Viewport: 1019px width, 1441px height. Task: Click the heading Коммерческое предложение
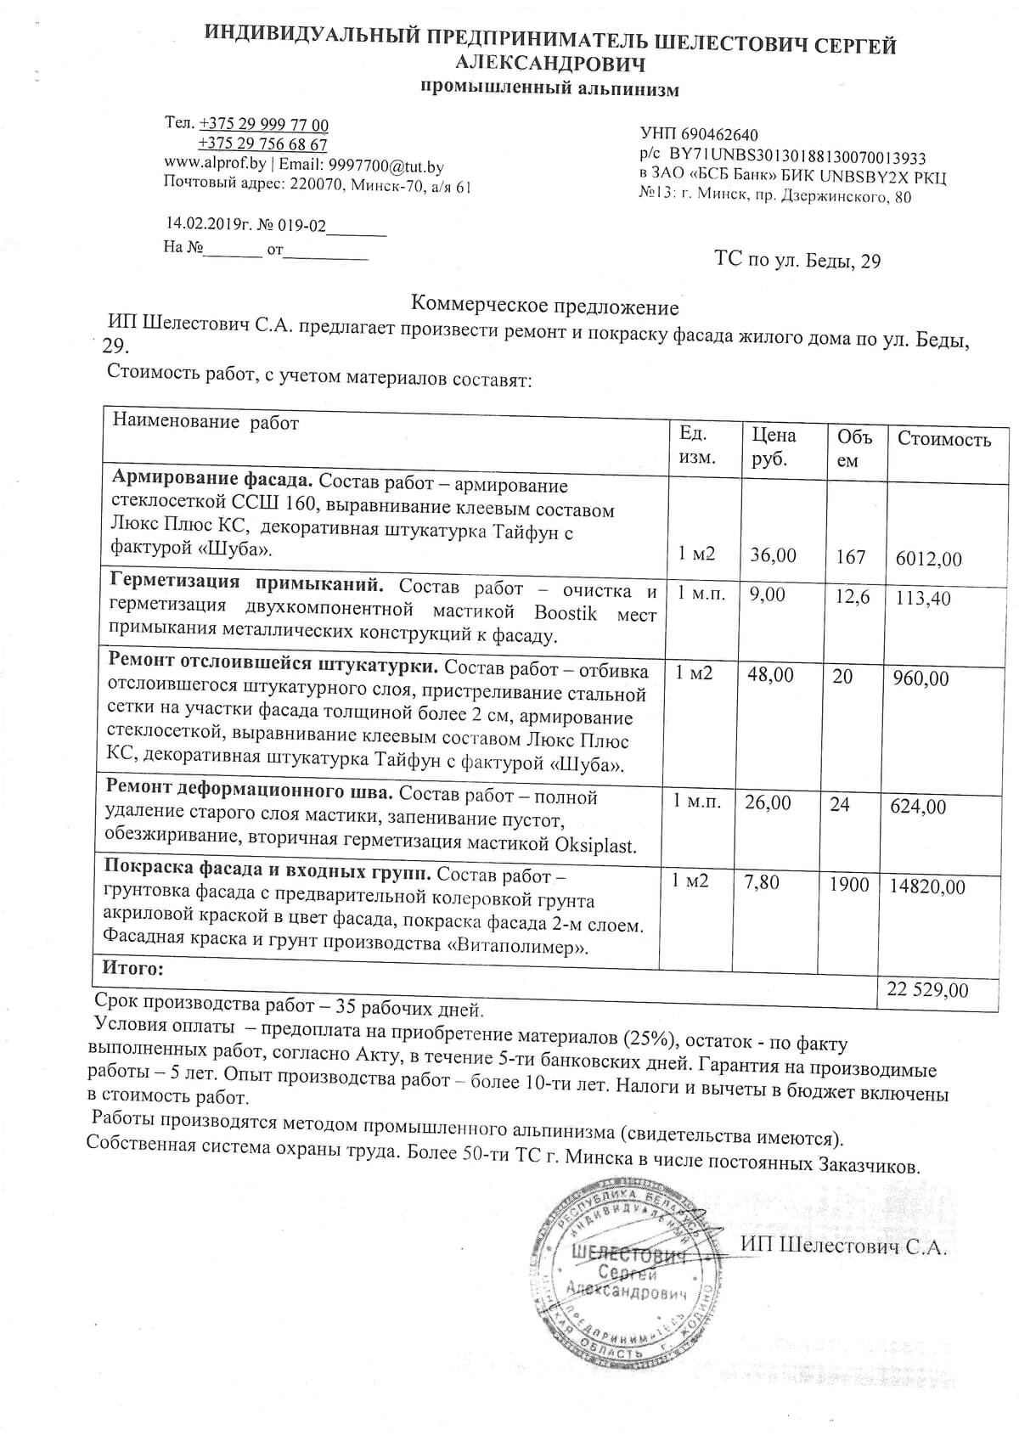[544, 306]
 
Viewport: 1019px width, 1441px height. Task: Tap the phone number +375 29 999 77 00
[263, 125]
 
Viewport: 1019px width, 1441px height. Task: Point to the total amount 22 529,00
[926, 990]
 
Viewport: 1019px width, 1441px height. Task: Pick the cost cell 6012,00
[929, 559]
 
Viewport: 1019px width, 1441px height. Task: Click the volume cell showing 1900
[849, 885]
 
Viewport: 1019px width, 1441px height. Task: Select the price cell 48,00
[770, 675]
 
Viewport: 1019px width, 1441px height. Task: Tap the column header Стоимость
[944, 439]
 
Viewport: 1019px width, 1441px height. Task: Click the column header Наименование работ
[206, 423]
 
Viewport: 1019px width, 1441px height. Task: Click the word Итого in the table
[132, 968]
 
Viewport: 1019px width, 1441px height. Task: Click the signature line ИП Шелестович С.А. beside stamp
[842, 1247]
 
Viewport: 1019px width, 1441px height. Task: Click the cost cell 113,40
[923, 598]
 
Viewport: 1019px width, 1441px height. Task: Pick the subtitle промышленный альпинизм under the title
[550, 89]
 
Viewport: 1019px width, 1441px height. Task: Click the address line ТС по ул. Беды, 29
[797, 260]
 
